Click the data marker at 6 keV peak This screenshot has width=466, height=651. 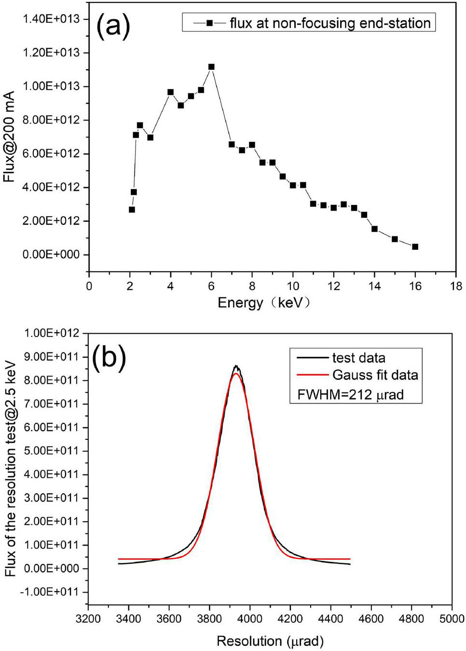click(x=211, y=67)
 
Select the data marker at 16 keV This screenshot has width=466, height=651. click(x=415, y=247)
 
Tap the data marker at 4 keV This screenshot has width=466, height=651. click(x=170, y=92)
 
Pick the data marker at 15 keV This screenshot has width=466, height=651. click(x=395, y=239)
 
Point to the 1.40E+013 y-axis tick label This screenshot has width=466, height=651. click(x=51, y=19)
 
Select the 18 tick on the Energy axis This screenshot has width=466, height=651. click(x=456, y=286)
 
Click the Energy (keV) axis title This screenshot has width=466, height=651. click(x=263, y=303)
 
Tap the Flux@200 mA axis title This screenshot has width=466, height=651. click(x=9, y=137)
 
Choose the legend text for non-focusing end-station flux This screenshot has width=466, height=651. click(x=330, y=23)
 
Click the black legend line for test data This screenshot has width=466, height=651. click(x=312, y=358)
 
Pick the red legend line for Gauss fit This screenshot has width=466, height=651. click(x=312, y=375)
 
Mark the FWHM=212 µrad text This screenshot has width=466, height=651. click(x=350, y=395)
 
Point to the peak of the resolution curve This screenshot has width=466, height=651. click(x=236, y=366)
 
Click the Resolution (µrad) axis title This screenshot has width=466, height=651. click(x=270, y=641)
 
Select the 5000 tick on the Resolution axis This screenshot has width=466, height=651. click(x=452, y=619)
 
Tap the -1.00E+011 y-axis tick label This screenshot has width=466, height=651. click(x=49, y=592)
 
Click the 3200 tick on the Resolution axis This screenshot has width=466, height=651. click(x=88, y=619)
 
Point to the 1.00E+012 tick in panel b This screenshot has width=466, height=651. click(x=51, y=333)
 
